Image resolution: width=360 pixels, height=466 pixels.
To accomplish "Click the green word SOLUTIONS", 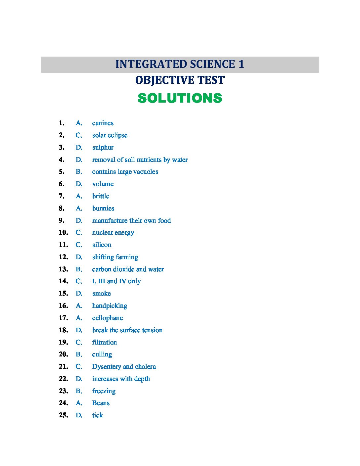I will click(x=180, y=98).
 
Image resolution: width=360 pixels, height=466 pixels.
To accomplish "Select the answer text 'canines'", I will click(x=103, y=123).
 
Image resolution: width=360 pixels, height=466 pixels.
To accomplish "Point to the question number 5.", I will click(x=62, y=172).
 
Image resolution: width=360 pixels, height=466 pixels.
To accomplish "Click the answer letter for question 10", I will click(x=79, y=233).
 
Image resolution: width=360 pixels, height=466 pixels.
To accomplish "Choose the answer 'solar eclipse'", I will click(x=110, y=135).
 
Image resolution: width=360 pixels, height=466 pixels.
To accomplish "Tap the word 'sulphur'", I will click(x=103, y=148).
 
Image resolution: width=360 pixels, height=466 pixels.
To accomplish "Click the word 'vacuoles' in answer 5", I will click(x=146, y=172).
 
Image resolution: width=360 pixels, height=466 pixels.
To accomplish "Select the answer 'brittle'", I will click(x=101, y=196).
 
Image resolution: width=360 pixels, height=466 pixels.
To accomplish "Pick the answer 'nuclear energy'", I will click(x=113, y=233).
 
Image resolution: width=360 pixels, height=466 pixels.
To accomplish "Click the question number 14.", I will click(x=63, y=281).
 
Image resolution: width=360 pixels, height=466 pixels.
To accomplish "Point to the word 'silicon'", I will click(x=102, y=245).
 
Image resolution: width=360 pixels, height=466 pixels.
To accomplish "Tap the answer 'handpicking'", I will click(x=110, y=306).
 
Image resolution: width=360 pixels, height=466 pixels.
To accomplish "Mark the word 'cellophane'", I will click(x=107, y=318).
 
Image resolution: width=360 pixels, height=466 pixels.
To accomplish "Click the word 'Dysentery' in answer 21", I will click(x=106, y=367).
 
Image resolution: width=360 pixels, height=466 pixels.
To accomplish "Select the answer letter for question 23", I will click(x=79, y=391).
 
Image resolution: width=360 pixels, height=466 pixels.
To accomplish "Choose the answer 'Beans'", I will click(x=101, y=403).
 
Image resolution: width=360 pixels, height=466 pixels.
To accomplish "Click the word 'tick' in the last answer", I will click(x=98, y=415).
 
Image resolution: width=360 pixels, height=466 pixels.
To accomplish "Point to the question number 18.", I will click(x=63, y=330).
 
